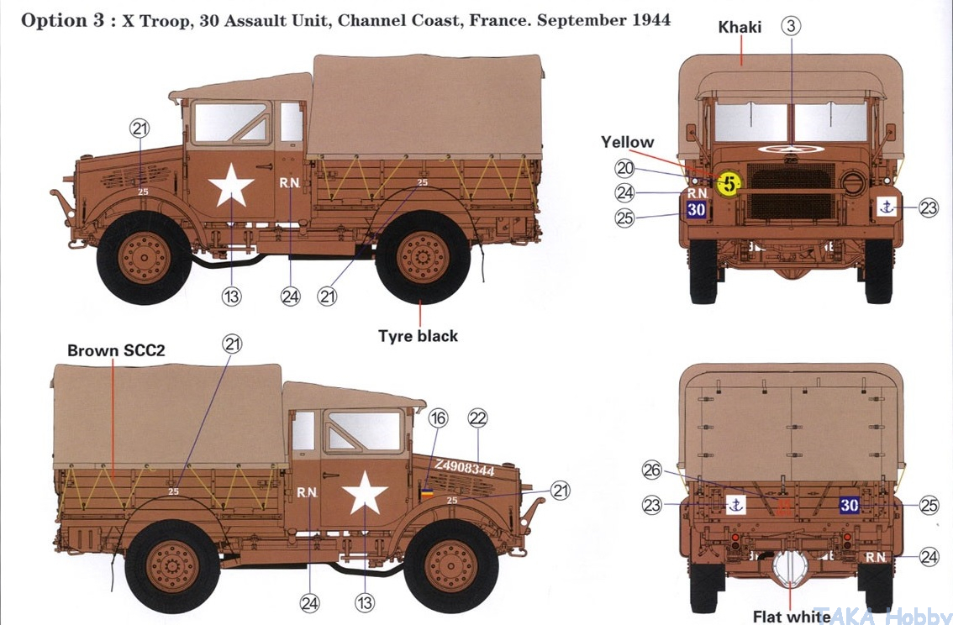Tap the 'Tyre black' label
(x=418, y=336)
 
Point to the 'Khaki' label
(x=740, y=28)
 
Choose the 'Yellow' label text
(x=627, y=142)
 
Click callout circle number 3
(x=791, y=26)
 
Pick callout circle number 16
(x=439, y=418)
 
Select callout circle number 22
(x=477, y=418)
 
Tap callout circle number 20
(x=624, y=168)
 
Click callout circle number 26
(x=652, y=471)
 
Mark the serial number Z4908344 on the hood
(x=464, y=468)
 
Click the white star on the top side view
(x=230, y=186)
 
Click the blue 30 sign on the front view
(x=696, y=210)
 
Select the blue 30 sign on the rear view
(x=850, y=505)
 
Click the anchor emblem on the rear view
(x=736, y=505)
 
